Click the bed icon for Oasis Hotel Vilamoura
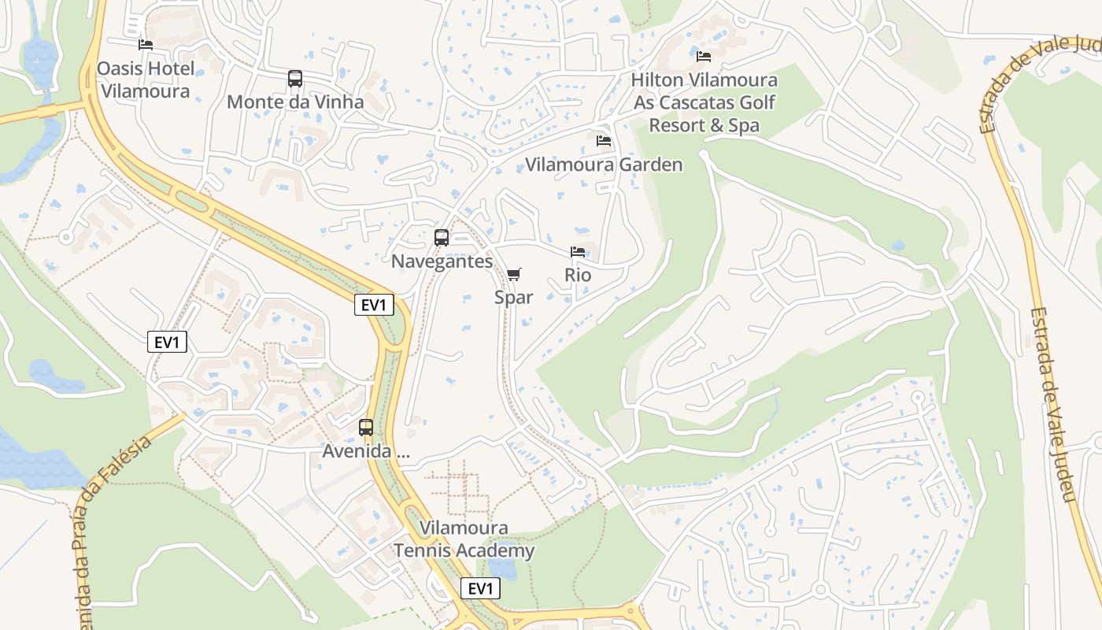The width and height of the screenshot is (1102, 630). [x=145, y=45]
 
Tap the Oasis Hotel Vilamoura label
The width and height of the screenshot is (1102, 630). [x=145, y=80]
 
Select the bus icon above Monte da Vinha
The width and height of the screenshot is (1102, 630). [x=295, y=79]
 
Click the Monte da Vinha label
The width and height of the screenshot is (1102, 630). [x=295, y=102]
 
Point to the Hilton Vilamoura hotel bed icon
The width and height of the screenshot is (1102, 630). [x=704, y=57]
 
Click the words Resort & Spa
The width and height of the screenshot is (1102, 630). [x=704, y=125]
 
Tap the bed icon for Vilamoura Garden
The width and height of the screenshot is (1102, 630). [x=604, y=141]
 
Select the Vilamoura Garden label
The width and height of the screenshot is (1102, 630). [x=604, y=165]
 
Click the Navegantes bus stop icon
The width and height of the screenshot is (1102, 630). [x=442, y=238]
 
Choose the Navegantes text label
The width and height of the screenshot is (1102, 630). [x=442, y=261]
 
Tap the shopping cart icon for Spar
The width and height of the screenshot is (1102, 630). [x=513, y=274]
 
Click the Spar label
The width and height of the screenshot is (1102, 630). [x=513, y=297]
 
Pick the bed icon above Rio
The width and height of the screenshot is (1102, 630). [x=578, y=252]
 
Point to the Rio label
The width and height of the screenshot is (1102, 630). [x=578, y=276]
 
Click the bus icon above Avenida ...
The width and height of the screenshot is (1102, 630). [x=366, y=428]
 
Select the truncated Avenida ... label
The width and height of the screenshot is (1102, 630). [x=366, y=452]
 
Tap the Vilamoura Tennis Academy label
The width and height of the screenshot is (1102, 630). [x=464, y=539]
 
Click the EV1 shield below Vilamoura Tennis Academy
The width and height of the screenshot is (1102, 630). [x=480, y=588]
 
